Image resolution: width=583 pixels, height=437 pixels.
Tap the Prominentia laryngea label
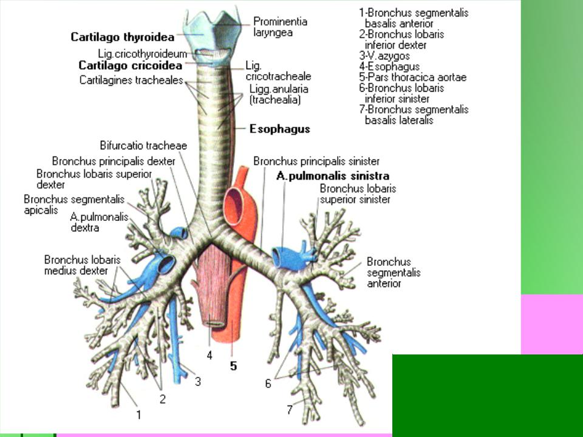280,27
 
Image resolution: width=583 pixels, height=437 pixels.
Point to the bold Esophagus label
280,129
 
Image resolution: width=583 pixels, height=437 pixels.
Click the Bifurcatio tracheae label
143,146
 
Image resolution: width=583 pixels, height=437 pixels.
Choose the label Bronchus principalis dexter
114,161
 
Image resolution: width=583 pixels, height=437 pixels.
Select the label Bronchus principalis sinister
316,161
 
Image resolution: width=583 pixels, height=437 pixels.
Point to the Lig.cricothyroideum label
142,53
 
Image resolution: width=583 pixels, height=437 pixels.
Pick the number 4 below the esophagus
209,356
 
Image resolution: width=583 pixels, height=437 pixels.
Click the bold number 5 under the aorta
233,367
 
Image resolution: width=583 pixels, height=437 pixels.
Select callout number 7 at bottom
290,410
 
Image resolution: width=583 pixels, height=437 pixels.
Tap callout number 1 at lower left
138,416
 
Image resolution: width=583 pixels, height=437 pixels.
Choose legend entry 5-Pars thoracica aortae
413,77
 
